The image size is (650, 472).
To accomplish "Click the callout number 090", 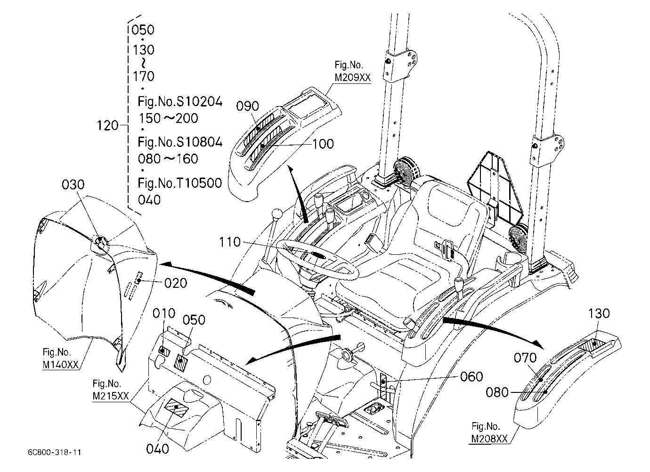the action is pos(247,106).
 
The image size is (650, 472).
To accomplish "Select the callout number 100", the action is pos(323,144).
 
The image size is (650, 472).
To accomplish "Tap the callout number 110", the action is pos(230,242).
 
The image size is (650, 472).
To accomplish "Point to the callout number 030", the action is pos(73,185).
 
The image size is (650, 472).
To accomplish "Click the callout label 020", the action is pos(176,283).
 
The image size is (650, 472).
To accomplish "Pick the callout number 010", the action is pos(164,314).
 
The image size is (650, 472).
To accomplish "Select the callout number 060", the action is pos(471,377).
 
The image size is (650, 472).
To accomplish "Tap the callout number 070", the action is pos(525,358).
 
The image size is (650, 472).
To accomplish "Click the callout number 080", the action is pos(497,392).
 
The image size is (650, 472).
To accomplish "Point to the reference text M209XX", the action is pos(353,78).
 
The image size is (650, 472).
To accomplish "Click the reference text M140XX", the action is pos(61,365).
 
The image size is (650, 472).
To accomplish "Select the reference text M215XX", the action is pos(111,396).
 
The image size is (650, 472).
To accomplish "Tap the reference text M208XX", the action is pos(489,439).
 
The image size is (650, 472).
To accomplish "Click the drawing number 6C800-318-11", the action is pos(55,452).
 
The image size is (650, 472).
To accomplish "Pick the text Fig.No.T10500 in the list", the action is pos(180,183).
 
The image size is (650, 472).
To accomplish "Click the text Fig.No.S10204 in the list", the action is pos(180,102).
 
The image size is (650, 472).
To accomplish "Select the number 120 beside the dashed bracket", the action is pos(108,126).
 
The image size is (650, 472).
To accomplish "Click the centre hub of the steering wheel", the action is pos(318,255).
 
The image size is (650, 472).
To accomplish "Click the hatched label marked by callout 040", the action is pos(177,407).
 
